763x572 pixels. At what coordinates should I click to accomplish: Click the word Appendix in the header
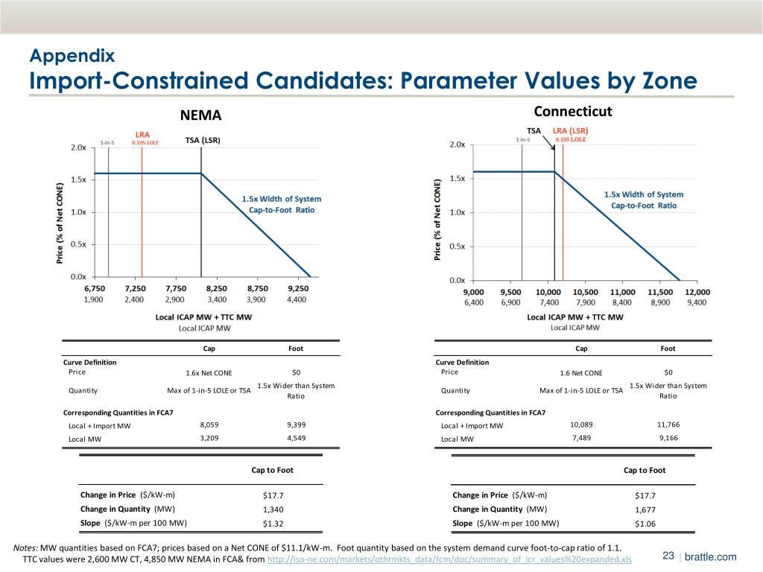point(72,55)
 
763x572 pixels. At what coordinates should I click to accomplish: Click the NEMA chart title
point(200,115)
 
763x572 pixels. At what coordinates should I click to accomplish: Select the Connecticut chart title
point(573,112)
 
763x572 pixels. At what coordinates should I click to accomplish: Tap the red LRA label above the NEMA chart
point(142,135)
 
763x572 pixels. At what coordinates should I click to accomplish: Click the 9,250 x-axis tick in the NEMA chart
point(297,288)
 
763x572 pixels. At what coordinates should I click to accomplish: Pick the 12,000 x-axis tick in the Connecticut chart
point(697,292)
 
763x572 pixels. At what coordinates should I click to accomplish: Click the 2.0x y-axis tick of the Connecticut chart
point(457,144)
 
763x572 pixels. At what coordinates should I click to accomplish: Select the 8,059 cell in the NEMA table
point(209,425)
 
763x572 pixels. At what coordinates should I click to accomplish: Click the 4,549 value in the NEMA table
point(296,439)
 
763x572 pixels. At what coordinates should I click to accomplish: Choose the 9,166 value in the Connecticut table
point(668,439)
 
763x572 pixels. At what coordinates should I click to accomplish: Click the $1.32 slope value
point(273,524)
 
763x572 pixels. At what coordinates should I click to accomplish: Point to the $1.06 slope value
point(645,524)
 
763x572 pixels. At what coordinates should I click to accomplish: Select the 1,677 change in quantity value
point(645,510)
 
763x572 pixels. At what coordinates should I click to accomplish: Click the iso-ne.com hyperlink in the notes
point(449,559)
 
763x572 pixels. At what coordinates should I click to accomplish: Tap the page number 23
point(668,557)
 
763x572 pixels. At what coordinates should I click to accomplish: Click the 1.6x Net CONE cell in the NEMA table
point(209,373)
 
